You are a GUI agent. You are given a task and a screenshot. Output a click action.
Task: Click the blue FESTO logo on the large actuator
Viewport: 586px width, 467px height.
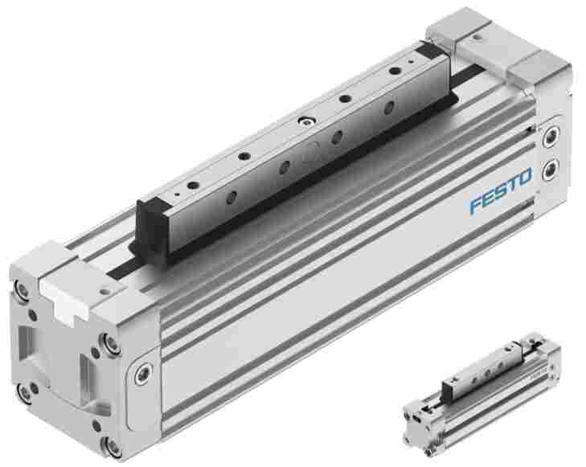pyautogui.click(x=501, y=190)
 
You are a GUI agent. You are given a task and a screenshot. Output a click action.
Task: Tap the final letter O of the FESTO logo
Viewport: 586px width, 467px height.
pyautogui.click(x=525, y=177)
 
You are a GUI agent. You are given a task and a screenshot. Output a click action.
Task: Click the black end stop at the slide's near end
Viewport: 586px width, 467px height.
pyautogui.click(x=151, y=228)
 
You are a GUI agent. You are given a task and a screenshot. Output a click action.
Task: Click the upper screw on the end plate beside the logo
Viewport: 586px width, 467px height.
pyautogui.click(x=551, y=137)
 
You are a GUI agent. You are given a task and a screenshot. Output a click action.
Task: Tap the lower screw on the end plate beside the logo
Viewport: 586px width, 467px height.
pyautogui.click(x=550, y=170)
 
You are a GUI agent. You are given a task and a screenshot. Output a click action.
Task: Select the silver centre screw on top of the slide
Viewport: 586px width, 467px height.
pyautogui.click(x=306, y=121)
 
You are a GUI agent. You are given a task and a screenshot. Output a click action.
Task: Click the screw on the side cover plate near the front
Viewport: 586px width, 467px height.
pyautogui.click(x=142, y=373)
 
